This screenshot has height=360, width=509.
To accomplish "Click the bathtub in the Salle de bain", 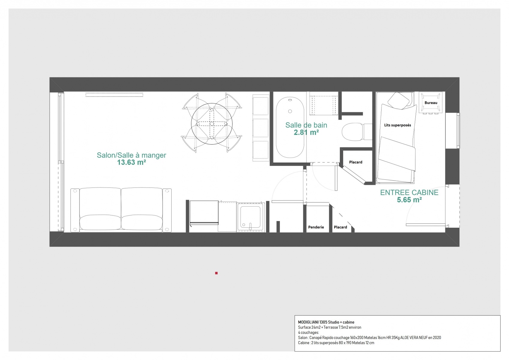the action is pos(290,127).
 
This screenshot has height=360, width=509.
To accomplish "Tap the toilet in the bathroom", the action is pos(357,132).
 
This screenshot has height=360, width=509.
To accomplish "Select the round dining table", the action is pos(212,124).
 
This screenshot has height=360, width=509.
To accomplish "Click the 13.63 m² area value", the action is pos(131,163).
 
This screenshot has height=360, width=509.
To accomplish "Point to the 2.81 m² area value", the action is pos(306,133).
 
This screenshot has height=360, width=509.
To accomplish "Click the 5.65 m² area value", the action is pos(409,200).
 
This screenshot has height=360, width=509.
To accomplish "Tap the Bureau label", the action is pos(431,103).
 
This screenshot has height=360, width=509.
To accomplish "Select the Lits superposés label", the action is pos(397,125).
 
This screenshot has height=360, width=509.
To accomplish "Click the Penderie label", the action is pos(316,227).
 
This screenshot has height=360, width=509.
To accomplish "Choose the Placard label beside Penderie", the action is pos(340,227).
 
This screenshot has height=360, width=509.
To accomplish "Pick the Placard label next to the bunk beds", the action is pos(356,162).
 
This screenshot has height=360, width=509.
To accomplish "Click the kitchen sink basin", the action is pos(250,217).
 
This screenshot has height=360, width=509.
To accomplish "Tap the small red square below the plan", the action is pos(216,273).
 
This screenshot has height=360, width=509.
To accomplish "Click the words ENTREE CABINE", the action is pos(409,193).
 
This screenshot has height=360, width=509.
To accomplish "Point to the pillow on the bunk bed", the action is pos(399,100).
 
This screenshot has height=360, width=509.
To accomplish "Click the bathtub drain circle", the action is pos(290,111).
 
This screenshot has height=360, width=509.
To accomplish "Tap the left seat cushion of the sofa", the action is pos(100,222).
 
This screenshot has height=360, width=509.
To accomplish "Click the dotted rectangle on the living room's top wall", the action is pos(114,95).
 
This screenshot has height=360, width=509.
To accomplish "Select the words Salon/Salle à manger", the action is pos(131,155).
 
